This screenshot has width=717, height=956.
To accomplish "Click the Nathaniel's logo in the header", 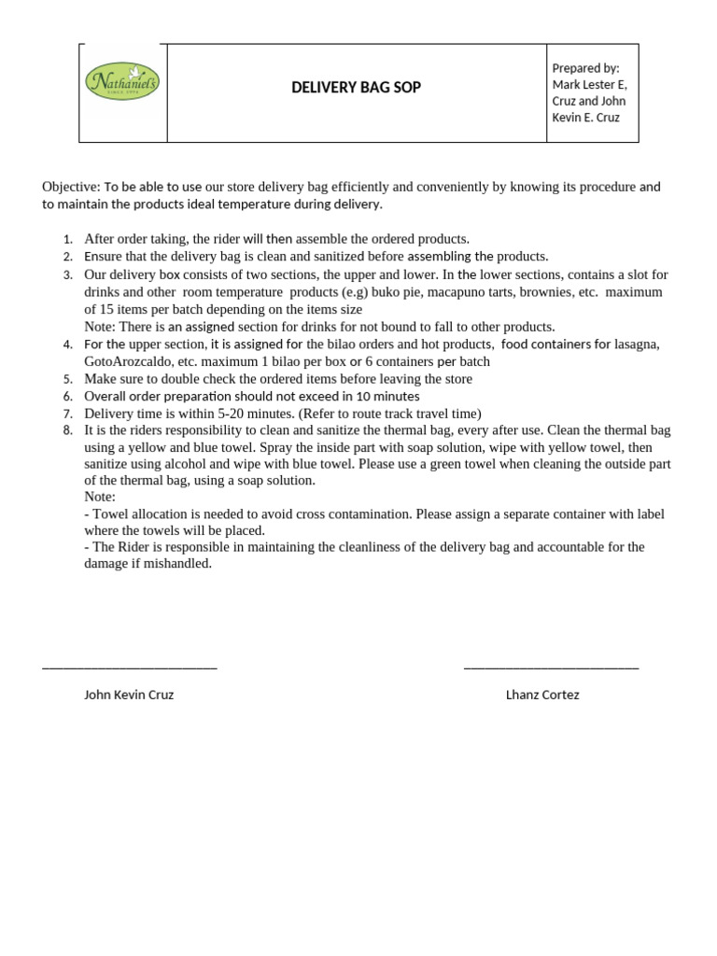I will [122, 82].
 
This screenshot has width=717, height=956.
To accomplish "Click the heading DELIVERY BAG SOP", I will [356, 88].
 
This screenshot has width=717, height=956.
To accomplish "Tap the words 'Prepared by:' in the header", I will [585, 68].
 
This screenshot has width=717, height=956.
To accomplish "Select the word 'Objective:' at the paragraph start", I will [71, 187].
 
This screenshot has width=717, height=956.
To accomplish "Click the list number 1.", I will [67, 240].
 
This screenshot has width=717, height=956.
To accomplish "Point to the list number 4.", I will [67, 344].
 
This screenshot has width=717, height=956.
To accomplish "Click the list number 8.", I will [67, 431].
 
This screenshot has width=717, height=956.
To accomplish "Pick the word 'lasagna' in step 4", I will [636, 344].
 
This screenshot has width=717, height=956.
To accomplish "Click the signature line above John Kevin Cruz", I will [130, 667].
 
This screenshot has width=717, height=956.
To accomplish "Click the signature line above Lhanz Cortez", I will [551, 667].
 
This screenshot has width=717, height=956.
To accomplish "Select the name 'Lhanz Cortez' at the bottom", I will [542, 696].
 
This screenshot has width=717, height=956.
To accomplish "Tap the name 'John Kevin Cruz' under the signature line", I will [129, 696].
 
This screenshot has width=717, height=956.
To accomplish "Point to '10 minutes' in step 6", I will [387, 397].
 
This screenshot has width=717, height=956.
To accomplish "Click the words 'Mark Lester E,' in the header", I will [589, 85].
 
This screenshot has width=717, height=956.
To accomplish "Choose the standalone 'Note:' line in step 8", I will [100, 497].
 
